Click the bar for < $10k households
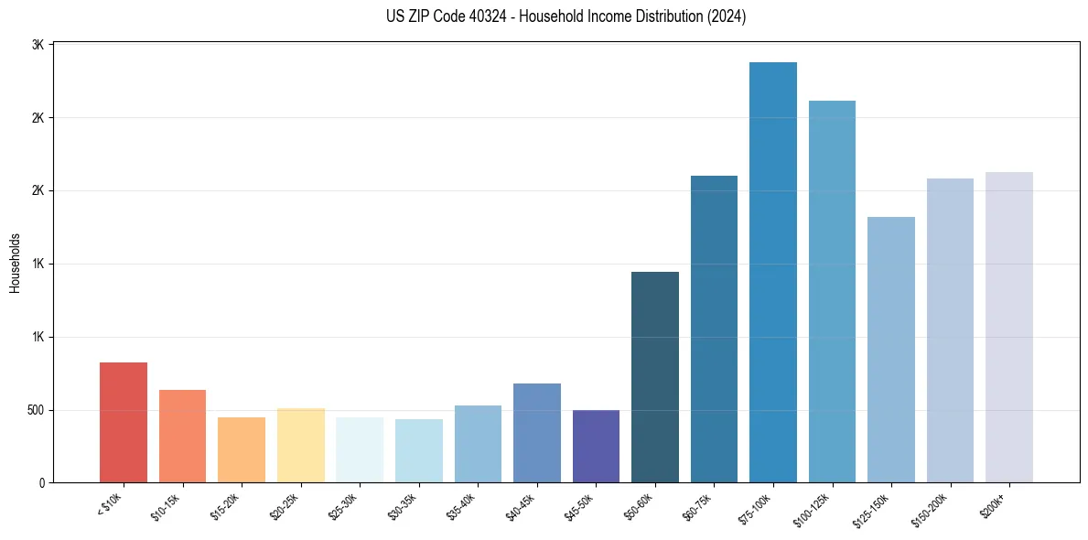tap(124, 423)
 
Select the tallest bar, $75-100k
tap(773, 273)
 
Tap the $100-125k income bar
tap(832, 292)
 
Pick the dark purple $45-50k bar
tap(596, 447)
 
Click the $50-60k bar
tap(655, 377)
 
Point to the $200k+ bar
tap(1009, 328)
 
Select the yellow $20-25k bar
tap(301, 446)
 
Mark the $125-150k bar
tap(891, 350)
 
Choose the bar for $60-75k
tap(714, 329)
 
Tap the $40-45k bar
tap(537, 433)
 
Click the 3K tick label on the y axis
tap(40, 45)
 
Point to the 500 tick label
tap(35, 410)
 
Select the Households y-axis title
tap(15, 263)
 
